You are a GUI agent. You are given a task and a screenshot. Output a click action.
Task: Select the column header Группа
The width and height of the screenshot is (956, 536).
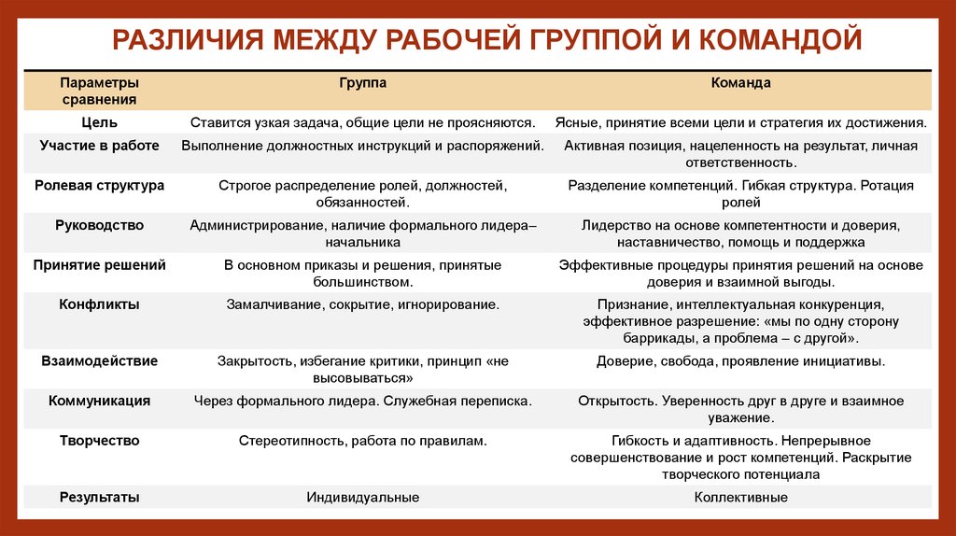(x=362, y=83)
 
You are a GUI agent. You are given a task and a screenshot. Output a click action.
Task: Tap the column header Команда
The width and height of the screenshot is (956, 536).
(x=740, y=83)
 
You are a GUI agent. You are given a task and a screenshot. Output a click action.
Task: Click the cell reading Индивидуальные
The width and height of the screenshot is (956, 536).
(x=362, y=498)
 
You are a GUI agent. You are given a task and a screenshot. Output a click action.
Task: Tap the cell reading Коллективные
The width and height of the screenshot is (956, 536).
(x=740, y=498)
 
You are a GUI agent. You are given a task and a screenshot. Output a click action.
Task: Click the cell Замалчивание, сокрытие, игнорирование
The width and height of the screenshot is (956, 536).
(x=362, y=304)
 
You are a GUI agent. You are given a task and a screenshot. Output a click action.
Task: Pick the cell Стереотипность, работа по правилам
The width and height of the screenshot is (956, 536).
(x=362, y=440)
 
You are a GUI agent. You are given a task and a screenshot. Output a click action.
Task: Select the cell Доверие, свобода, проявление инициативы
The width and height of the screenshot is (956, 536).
(x=740, y=360)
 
